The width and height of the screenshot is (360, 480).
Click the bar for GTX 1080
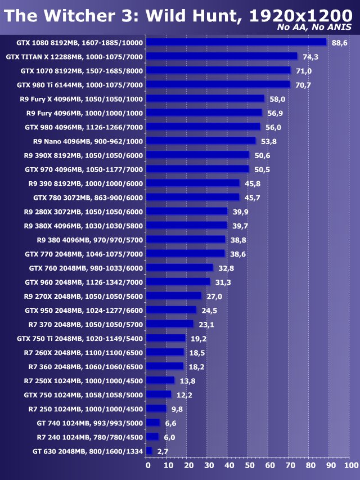point(236,42)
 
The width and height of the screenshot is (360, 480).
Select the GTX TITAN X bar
point(222,56)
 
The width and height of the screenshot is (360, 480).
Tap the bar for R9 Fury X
point(205,98)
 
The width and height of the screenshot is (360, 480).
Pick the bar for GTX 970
point(197,169)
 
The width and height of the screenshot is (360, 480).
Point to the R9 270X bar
point(174,296)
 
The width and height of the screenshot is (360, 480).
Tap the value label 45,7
point(253,198)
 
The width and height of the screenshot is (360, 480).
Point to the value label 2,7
point(163,451)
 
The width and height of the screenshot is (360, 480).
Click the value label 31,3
point(223,282)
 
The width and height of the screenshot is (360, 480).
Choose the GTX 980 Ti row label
point(80,84)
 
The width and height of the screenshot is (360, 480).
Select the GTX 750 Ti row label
point(80,338)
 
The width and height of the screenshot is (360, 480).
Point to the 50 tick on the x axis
point(249,465)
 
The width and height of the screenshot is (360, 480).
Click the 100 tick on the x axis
point(350,465)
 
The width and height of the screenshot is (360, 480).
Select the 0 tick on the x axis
point(147,465)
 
